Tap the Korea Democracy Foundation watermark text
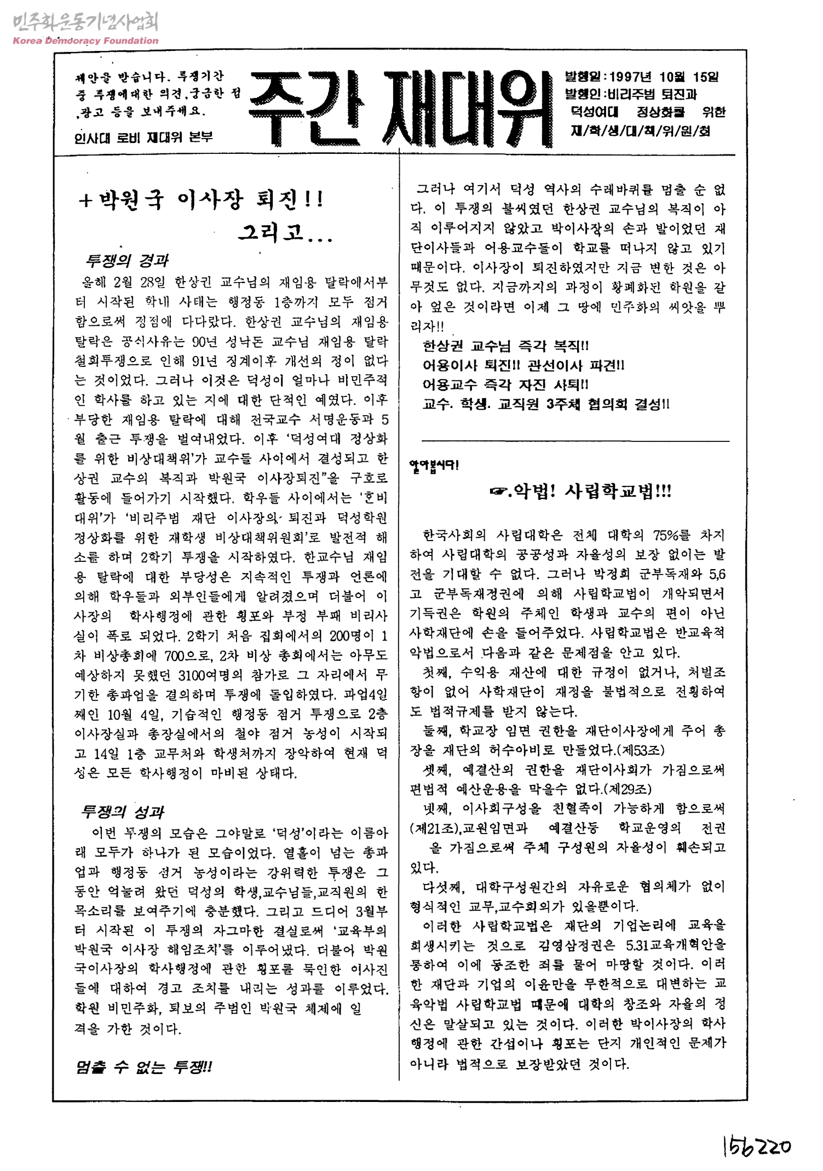click(85, 41)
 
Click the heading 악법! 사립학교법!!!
click(580, 491)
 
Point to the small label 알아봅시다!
click(434, 466)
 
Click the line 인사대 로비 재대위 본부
click(143, 136)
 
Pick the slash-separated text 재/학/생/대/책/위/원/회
click(640, 131)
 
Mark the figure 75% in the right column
click(666, 535)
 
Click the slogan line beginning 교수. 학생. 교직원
click(545, 405)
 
